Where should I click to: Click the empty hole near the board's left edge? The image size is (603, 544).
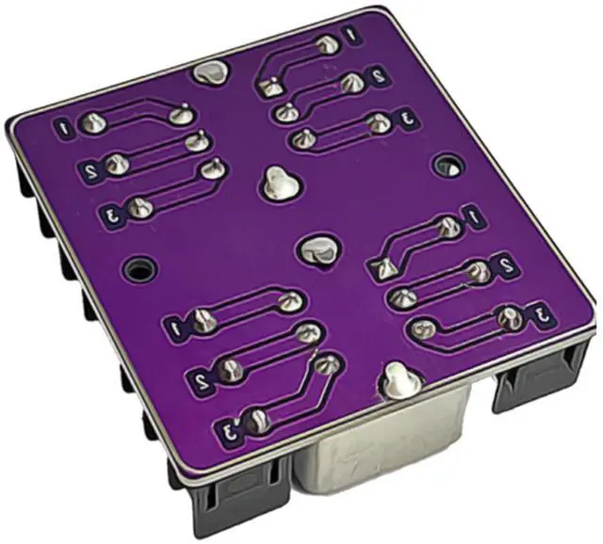click(x=139, y=270)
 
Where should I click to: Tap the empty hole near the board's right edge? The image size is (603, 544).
click(x=449, y=166)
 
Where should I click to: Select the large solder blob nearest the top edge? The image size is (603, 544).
click(x=210, y=72)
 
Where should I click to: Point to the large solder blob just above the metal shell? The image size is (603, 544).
click(x=401, y=380)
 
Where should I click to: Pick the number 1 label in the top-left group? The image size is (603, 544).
click(x=65, y=128)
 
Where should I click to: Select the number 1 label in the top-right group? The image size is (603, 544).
click(x=351, y=35)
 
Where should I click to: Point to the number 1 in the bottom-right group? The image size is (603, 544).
click(x=474, y=216)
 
